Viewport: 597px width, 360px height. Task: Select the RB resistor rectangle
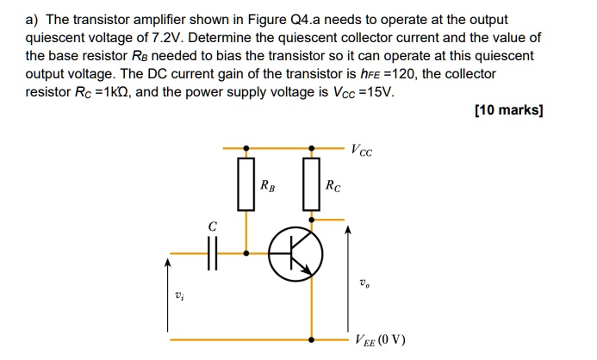pos(246,183)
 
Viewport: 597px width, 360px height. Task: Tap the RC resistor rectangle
pos(311,183)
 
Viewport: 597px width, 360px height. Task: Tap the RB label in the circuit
pos(267,184)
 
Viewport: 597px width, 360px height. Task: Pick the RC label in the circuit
pos(332,184)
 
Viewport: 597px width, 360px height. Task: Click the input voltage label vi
pos(178,297)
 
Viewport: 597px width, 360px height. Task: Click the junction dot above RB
pos(247,147)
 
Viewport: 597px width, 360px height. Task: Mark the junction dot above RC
pos(311,147)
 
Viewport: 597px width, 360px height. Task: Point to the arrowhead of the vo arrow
pos(348,230)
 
